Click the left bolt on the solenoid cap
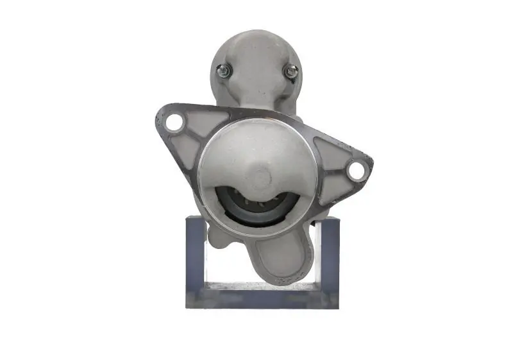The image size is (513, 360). (224, 72)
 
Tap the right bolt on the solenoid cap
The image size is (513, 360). (291, 72)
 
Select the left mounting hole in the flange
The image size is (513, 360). (174, 122)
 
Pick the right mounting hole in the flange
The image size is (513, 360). (355, 170)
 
